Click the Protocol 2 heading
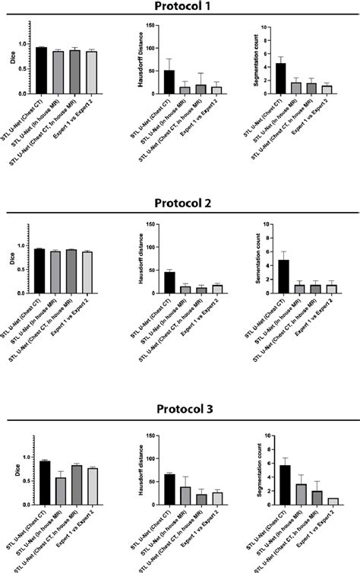[180, 204]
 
